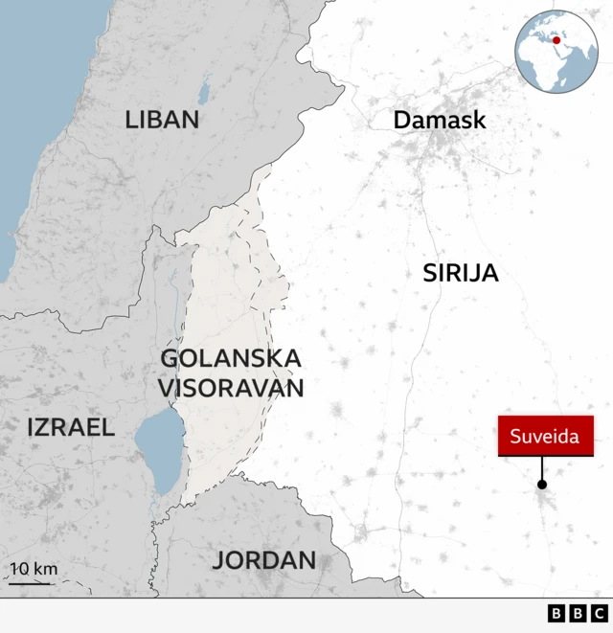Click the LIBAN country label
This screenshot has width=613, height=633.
[x=162, y=120]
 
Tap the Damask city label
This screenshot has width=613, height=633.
[x=440, y=121]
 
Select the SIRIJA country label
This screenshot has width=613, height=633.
[x=461, y=273]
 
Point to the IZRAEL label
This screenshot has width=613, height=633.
[x=71, y=428]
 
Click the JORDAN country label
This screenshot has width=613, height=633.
[x=264, y=560]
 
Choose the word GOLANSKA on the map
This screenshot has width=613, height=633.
[x=231, y=359]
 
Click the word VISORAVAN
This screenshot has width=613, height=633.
[x=231, y=388]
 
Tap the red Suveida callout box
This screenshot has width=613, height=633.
[x=545, y=437]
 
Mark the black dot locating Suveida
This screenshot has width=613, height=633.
[x=542, y=486]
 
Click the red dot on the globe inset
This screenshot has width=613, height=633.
[x=556, y=40]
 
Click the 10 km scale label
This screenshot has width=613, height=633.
[x=34, y=569]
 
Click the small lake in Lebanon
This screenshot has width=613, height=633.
[x=203, y=93]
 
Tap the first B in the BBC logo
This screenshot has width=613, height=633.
[x=556, y=614]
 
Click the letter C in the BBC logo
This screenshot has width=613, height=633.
[x=599, y=614]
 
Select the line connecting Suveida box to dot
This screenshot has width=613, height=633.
[x=542, y=469]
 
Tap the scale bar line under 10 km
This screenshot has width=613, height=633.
[x=30, y=582]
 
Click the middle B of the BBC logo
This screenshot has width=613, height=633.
[x=578, y=614]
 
